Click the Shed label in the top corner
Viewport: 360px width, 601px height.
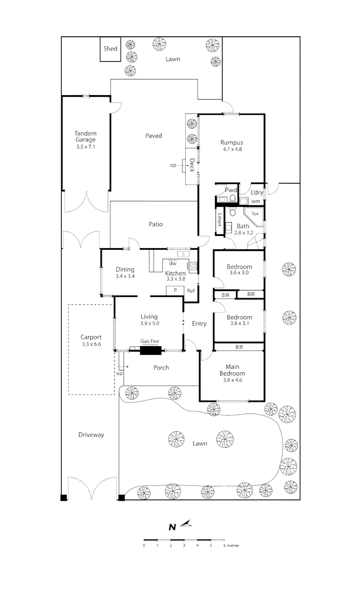(x=110, y=49)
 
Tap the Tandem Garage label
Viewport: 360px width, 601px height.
(x=86, y=136)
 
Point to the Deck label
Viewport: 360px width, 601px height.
(x=191, y=166)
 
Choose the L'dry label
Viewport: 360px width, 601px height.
(x=257, y=193)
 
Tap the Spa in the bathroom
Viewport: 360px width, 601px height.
(x=255, y=213)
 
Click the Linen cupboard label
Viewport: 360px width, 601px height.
(x=220, y=219)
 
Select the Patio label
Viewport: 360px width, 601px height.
(x=155, y=224)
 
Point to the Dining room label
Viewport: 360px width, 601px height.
(x=125, y=269)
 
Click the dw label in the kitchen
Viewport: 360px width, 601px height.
(x=172, y=263)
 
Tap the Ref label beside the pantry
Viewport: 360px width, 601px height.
(x=190, y=290)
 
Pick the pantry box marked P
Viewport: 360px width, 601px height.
(x=175, y=290)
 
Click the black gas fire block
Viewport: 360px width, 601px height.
(x=150, y=349)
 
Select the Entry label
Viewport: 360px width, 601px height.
(x=199, y=323)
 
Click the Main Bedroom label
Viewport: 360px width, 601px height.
(x=232, y=370)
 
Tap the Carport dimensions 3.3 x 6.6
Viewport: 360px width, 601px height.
(x=91, y=344)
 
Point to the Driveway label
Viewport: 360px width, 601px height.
(x=91, y=435)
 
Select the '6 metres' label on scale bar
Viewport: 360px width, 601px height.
(x=230, y=546)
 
